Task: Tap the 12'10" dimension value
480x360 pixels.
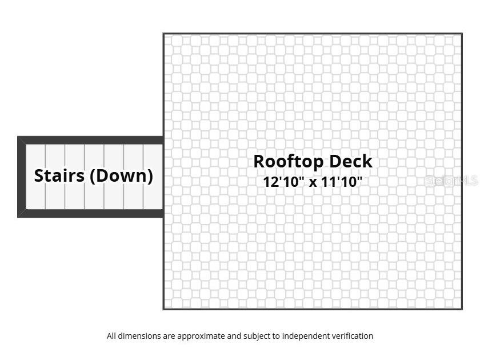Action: click(284, 182)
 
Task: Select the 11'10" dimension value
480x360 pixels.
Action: click(341, 182)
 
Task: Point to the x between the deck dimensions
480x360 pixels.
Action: click(313, 183)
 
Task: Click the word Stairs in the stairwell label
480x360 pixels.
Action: click(59, 176)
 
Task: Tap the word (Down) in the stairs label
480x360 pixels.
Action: click(121, 176)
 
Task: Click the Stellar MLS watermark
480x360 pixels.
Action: click(451, 181)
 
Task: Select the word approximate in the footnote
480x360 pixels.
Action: click(201, 336)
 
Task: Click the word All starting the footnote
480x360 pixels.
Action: click(111, 336)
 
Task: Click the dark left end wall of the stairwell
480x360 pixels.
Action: click(22, 177)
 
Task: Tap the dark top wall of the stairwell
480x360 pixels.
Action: click(90, 141)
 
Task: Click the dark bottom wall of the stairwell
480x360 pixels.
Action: click(90, 213)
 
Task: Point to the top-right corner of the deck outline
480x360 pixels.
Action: click(462, 33)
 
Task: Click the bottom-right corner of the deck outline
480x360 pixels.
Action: click(462, 309)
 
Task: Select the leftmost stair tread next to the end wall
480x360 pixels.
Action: click(36, 177)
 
